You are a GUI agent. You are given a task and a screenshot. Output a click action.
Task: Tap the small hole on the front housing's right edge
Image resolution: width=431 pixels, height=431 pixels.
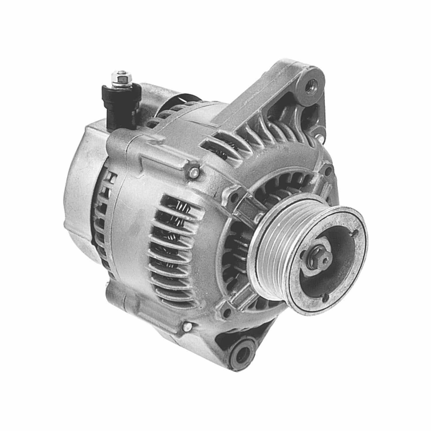pos(328,172)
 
